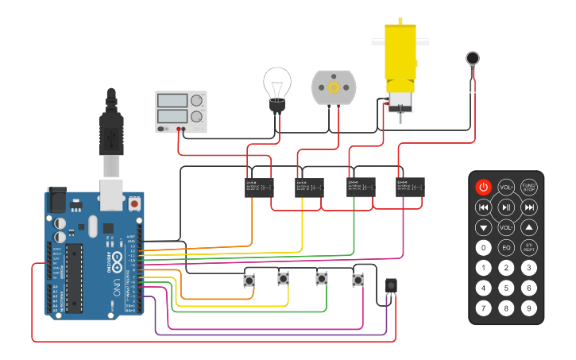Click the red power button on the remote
coord(483,188)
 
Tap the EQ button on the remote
coord(506,247)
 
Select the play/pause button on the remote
coord(506,207)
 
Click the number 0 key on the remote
coord(483,247)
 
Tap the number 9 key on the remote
coord(529,308)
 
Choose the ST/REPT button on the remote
coord(529,247)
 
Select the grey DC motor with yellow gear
coord(334,87)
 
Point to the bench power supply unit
coord(180,111)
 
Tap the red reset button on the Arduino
coord(134,204)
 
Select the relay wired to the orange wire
coord(258,187)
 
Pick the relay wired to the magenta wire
coord(410,187)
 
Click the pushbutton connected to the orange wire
coord(249,280)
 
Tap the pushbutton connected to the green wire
coord(322,279)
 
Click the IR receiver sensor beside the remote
coord(390,285)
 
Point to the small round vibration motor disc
coord(474,57)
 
